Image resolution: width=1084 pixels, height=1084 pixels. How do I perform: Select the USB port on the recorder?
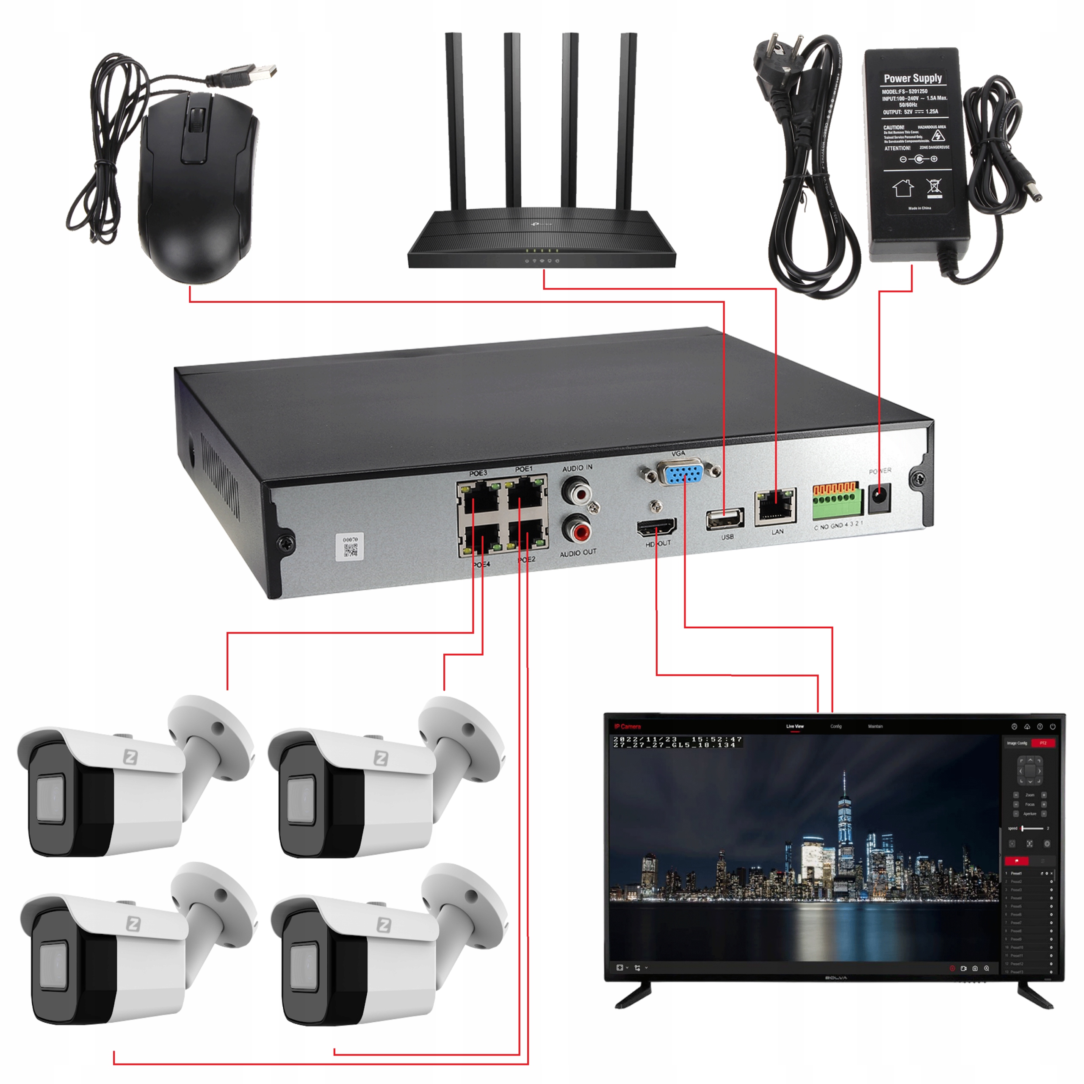(x=725, y=519)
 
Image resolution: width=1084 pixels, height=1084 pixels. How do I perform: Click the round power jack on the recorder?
(x=879, y=498)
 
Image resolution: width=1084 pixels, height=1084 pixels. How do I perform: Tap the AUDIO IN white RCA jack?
(x=576, y=492)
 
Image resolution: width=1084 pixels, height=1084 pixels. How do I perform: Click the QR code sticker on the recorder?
(x=350, y=547)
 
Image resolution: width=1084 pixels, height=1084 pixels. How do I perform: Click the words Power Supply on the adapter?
(x=913, y=79)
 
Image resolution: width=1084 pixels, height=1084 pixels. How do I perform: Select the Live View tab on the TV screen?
(x=794, y=727)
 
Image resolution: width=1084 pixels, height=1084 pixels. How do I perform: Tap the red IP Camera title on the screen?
(x=627, y=727)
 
